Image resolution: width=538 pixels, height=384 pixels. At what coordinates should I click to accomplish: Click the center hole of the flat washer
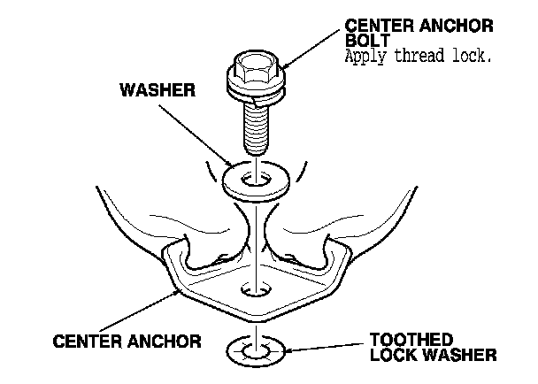click(x=257, y=179)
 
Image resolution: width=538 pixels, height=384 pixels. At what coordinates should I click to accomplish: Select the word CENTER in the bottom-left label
click(x=88, y=340)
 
